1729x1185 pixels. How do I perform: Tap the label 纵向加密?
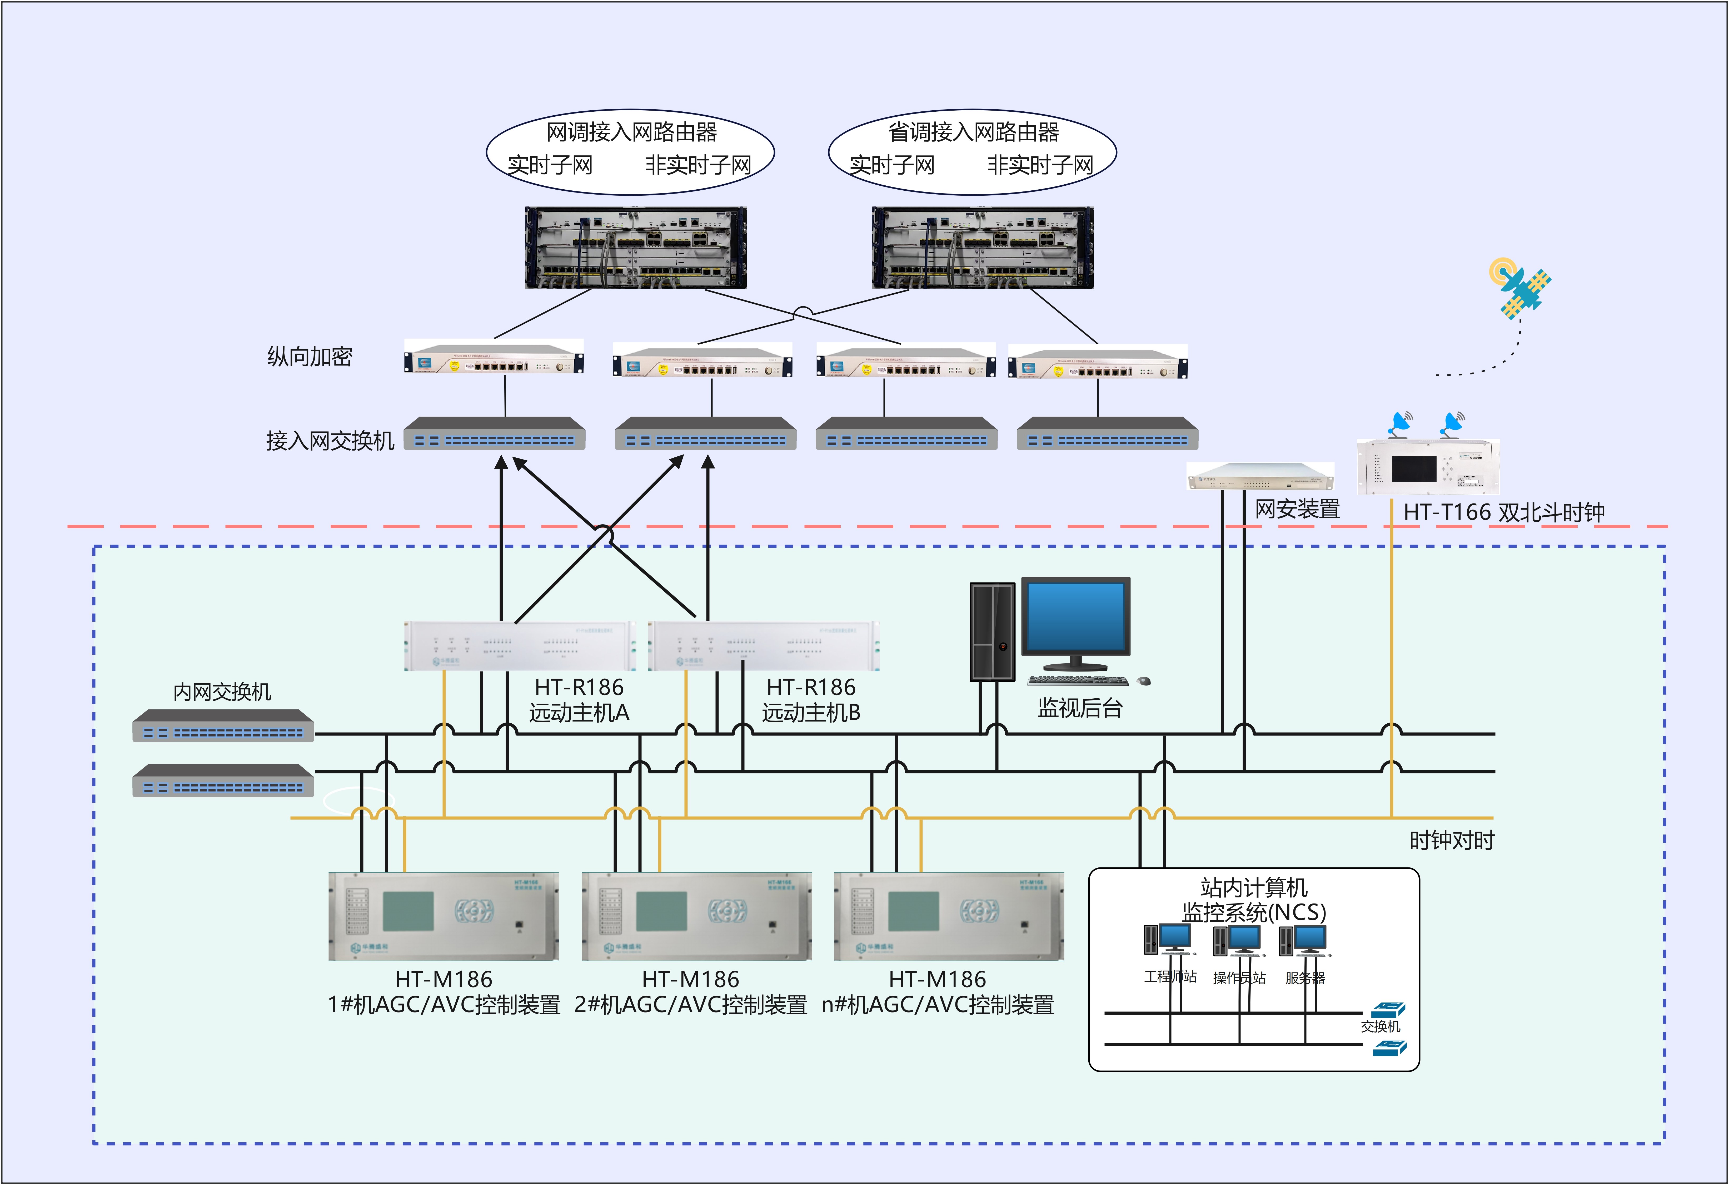[310, 357]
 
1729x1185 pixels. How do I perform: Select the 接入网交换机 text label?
[330, 441]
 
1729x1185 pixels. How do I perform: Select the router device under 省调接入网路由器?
[982, 248]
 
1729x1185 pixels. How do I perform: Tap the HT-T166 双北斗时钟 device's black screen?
[1414, 468]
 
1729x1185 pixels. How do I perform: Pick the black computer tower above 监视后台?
[993, 631]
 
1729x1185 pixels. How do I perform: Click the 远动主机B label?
[811, 712]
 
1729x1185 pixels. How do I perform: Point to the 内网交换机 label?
[222, 692]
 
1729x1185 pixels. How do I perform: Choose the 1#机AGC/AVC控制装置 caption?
[444, 1005]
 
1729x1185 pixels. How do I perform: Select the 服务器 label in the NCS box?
[1305, 978]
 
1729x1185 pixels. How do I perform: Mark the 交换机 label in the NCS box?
[1380, 1026]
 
